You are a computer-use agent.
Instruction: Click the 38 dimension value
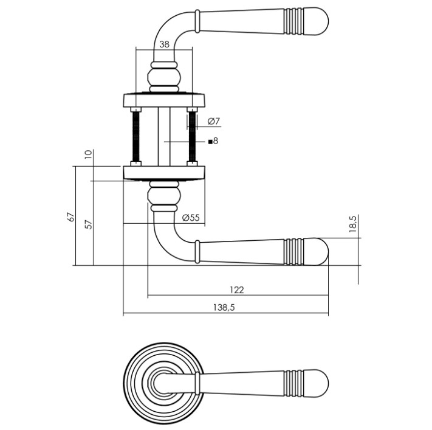coord(164,44)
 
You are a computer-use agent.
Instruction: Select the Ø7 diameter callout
coord(213,122)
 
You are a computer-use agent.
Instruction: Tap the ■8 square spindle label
coord(213,141)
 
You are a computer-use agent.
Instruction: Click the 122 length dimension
coord(237,290)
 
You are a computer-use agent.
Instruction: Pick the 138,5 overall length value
coord(224,308)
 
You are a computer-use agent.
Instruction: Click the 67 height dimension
coord(70,217)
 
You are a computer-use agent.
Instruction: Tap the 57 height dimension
coord(89,224)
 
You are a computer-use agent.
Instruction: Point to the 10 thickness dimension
coord(89,154)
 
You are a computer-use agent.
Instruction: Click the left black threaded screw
coord(135,137)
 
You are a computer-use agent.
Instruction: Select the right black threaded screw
coord(193,137)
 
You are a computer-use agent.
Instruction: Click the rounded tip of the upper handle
coord(320,23)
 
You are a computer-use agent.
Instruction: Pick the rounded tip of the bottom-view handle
coord(318,381)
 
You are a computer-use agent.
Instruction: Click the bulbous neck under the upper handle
coord(164,77)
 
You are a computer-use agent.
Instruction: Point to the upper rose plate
coord(164,99)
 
